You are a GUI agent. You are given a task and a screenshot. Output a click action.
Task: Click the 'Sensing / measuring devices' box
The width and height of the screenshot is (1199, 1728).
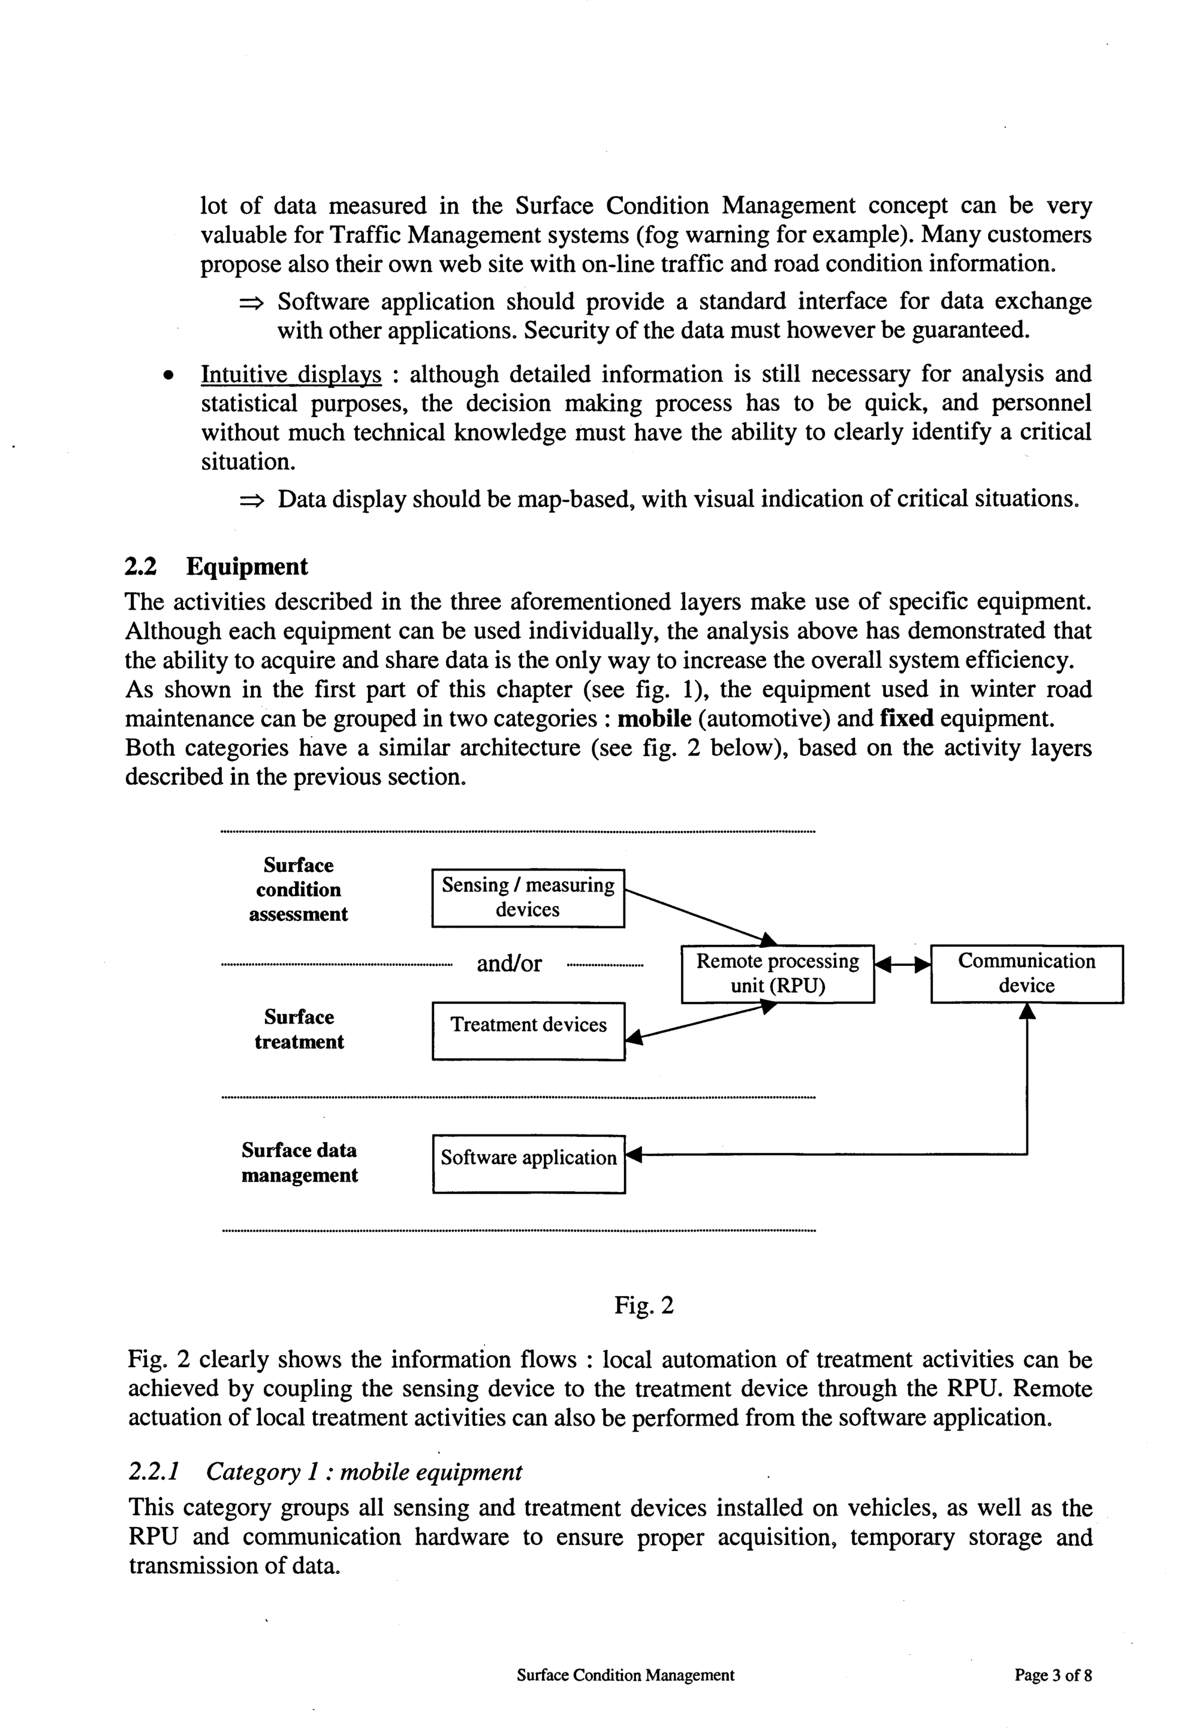point(528,898)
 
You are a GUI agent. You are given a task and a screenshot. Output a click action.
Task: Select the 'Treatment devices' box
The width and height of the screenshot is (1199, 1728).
point(528,1030)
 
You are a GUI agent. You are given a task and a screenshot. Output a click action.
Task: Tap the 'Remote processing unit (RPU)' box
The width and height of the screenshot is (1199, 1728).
point(778,973)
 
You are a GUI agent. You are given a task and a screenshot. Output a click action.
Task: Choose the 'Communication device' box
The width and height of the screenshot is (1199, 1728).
point(1026,973)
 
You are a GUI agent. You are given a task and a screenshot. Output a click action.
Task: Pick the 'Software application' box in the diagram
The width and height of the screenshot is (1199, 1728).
point(528,1163)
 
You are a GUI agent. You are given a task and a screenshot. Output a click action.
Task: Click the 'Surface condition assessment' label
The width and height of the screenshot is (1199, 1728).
point(298,890)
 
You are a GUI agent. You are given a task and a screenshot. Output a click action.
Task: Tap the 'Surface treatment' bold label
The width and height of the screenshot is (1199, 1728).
point(299,1029)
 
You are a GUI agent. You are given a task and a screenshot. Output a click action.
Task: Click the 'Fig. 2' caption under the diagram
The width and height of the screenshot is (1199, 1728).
point(644,1305)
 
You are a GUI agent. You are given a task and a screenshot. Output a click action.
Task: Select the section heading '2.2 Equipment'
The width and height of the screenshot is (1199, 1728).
point(216,567)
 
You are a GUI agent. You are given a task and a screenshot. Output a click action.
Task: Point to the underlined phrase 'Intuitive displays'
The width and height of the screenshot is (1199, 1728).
point(291,374)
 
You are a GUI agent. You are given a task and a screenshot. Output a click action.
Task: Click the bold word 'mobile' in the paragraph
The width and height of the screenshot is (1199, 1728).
point(653,719)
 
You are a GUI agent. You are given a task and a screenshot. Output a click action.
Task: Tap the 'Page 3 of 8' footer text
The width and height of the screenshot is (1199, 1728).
point(1053,1675)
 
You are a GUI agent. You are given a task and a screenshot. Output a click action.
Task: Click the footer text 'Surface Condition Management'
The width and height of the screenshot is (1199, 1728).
point(625,1675)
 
